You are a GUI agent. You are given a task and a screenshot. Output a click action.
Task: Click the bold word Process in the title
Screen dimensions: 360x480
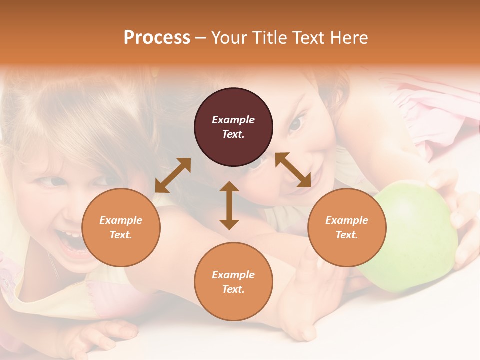click(x=157, y=38)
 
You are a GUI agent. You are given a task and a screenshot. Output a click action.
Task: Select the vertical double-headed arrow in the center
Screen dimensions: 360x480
click(x=229, y=205)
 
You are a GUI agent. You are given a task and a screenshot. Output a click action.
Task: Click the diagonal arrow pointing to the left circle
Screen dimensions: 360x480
click(x=173, y=175)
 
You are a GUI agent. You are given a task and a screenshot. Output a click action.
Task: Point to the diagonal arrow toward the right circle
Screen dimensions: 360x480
click(x=293, y=170)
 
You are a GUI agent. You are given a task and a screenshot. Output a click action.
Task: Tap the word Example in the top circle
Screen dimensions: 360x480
click(x=233, y=120)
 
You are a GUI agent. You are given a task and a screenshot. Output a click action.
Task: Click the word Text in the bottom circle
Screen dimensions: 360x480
click(x=233, y=289)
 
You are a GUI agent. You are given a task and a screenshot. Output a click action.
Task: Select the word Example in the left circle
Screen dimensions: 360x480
click(x=121, y=220)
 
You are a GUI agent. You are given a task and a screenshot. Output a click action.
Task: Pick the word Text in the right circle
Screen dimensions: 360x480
click(x=347, y=235)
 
